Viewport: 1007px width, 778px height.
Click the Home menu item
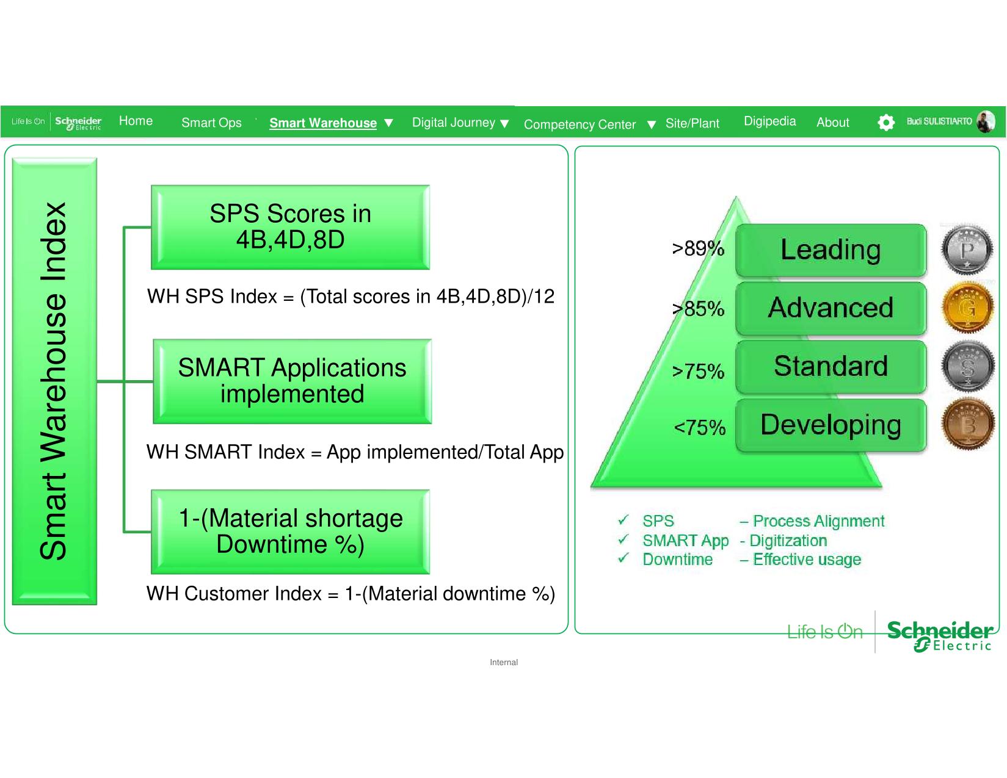(x=136, y=121)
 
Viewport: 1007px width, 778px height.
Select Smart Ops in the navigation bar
(x=211, y=123)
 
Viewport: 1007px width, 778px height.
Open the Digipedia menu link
(x=769, y=121)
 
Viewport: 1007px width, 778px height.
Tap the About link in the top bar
(x=832, y=122)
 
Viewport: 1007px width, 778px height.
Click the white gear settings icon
(x=885, y=123)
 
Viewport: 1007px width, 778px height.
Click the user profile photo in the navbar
(x=985, y=121)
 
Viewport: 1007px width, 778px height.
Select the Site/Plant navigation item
(x=692, y=123)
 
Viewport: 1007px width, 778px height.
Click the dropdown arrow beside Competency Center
(x=651, y=124)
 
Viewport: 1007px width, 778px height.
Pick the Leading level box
(x=831, y=250)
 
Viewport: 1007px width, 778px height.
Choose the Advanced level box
(x=831, y=308)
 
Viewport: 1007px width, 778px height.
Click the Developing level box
(x=831, y=425)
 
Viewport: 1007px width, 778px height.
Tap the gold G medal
(x=967, y=308)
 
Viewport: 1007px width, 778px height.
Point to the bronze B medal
(x=967, y=424)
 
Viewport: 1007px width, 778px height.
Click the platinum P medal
(x=967, y=249)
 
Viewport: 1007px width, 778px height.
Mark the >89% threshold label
(x=698, y=248)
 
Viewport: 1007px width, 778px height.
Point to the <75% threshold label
(x=699, y=427)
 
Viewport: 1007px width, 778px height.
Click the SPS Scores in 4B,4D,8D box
(x=291, y=227)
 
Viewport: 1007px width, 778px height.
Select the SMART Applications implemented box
(x=293, y=381)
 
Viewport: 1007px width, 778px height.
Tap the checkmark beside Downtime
(x=623, y=558)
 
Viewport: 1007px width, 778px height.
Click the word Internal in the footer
(x=504, y=662)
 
